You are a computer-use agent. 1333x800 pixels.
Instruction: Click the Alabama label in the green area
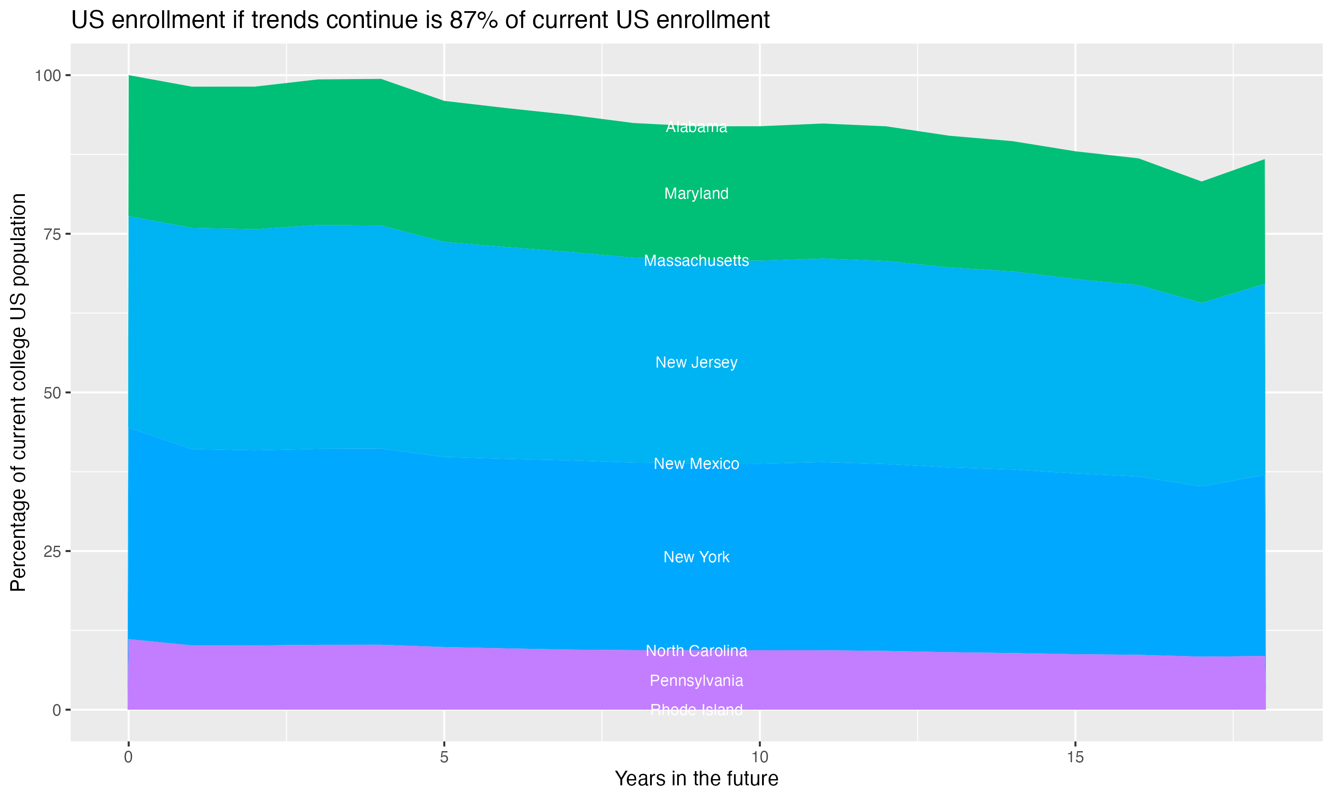[x=696, y=127]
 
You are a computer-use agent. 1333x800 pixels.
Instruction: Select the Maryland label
[x=696, y=193]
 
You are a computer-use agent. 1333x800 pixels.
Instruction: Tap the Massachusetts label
[x=696, y=261]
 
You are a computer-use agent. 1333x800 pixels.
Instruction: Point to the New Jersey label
[x=696, y=362]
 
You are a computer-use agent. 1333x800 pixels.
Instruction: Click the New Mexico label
[x=696, y=464]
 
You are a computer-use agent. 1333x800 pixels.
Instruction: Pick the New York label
[x=696, y=557]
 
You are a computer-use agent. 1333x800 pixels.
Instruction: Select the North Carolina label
[x=696, y=651]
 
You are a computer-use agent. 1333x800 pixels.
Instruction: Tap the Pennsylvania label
[x=696, y=680]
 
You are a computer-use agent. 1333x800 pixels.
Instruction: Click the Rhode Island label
[x=696, y=709]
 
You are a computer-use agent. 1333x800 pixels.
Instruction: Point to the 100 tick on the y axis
[x=48, y=76]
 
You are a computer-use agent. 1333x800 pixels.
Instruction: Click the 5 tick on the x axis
[x=444, y=757]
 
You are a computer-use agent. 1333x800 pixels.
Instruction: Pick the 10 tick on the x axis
[x=759, y=757]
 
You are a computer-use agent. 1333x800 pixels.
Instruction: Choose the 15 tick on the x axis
[x=1075, y=757]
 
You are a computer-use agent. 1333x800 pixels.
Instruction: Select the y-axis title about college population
[x=18, y=392]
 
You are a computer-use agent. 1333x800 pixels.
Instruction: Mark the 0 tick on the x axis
[x=128, y=757]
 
